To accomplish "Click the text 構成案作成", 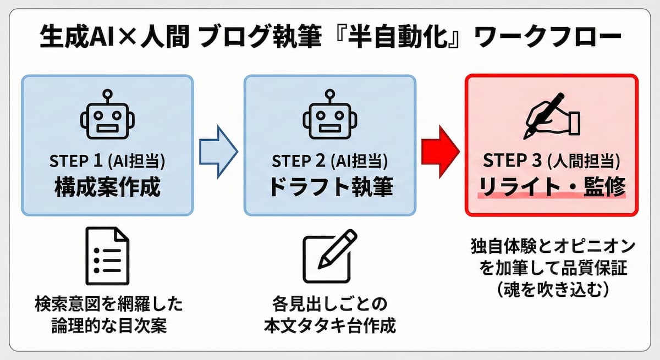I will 107,187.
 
